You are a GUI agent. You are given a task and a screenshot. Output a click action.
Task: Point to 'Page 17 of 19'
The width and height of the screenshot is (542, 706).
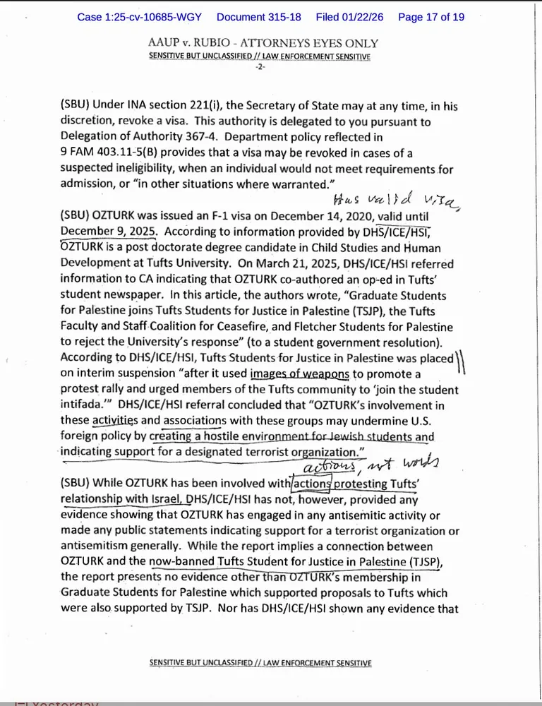click(431, 17)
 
